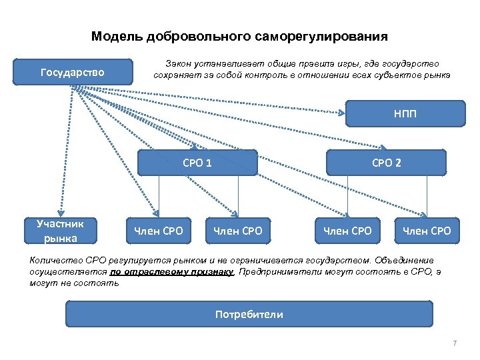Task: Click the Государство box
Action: pyautogui.click(x=72, y=72)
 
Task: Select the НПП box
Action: pyautogui.click(x=405, y=113)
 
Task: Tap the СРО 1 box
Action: pyautogui.click(x=197, y=162)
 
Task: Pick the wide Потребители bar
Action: pyautogui.click(x=249, y=314)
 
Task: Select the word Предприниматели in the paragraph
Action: pyautogui.click(x=281, y=271)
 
